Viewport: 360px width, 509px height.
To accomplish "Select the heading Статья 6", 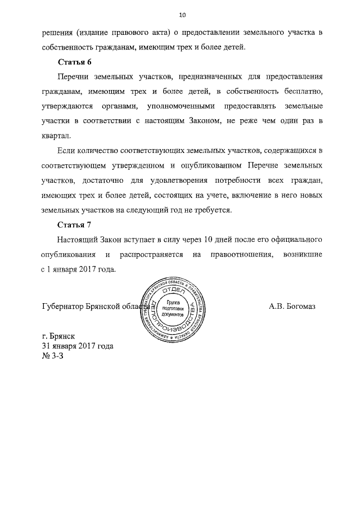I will [74, 61].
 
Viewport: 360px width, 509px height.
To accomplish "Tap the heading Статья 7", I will [74, 225].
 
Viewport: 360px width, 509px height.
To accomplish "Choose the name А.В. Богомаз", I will [294, 307].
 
